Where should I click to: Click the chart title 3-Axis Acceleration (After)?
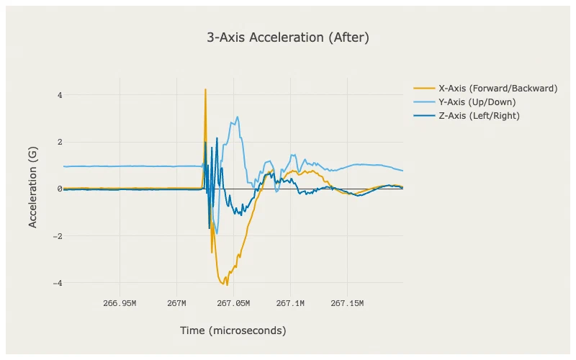[287, 37]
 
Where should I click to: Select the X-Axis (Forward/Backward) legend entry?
[485, 89]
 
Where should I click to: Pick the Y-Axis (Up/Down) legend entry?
[464, 102]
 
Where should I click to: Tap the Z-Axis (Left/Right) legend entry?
[466, 116]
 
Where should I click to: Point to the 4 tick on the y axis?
[60, 95]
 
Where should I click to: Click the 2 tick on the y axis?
[60, 142]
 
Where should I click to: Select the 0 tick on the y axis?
[60, 189]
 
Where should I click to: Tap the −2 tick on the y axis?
[58, 236]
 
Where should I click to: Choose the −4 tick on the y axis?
[58, 283]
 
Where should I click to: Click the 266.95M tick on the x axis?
[120, 303]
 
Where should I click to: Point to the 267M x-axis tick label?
[176, 303]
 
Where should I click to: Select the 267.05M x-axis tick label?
[233, 303]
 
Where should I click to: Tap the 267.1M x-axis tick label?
[290, 303]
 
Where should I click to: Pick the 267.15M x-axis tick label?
[347, 303]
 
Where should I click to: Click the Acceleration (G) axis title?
[32, 187]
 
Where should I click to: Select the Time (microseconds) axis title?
[233, 330]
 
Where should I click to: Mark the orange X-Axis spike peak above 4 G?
[205, 89]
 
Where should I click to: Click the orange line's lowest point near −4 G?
[227, 284]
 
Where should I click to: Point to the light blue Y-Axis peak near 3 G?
[238, 117]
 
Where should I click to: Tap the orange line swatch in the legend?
[424, 89]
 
